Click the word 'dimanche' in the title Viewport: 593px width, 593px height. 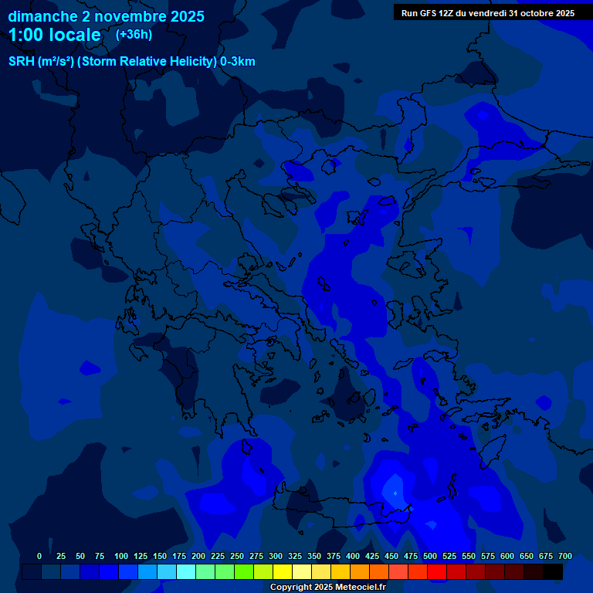(42, 15)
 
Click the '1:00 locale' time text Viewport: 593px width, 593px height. (55, 36)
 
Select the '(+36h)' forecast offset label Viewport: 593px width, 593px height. (134, 35)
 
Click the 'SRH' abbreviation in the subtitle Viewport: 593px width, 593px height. (22, 62)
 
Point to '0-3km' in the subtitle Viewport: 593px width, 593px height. (238, 62)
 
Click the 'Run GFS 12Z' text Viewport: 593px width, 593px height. (427, 13)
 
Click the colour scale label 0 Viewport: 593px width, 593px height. (39, 556)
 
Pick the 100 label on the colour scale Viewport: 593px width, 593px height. (121, 556)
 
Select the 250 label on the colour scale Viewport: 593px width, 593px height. (237, 556)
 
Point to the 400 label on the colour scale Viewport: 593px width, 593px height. (353, 556)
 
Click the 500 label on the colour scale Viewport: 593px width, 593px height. (430, 556)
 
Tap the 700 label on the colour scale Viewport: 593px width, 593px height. (565, 556)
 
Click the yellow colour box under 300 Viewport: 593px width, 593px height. (283, 571)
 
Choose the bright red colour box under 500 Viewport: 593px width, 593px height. (437, 571)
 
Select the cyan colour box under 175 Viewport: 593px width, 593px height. (186, 571)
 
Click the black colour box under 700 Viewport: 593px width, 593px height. (553, 571)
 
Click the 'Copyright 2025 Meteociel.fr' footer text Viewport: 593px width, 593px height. (327, 587)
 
